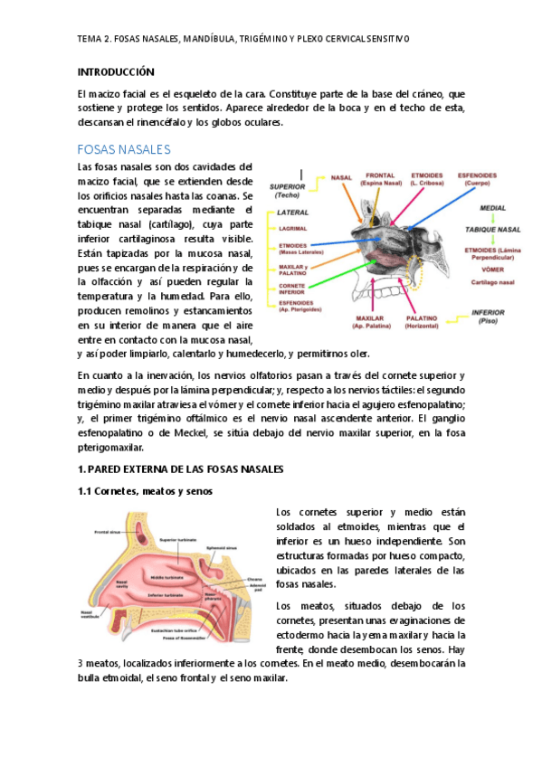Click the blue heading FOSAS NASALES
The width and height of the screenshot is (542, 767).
tap(124, 148)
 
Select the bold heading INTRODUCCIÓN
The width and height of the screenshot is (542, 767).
tap(116, 71)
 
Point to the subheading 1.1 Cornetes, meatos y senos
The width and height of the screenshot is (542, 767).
tap(145, 491)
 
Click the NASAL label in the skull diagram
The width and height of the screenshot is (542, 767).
tap(342, 176)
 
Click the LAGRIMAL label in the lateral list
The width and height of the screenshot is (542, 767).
tap(292, 229)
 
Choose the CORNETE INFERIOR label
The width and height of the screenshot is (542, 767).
tap(291, 288)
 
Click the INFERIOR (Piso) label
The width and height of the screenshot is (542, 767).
tap(493, 316)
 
